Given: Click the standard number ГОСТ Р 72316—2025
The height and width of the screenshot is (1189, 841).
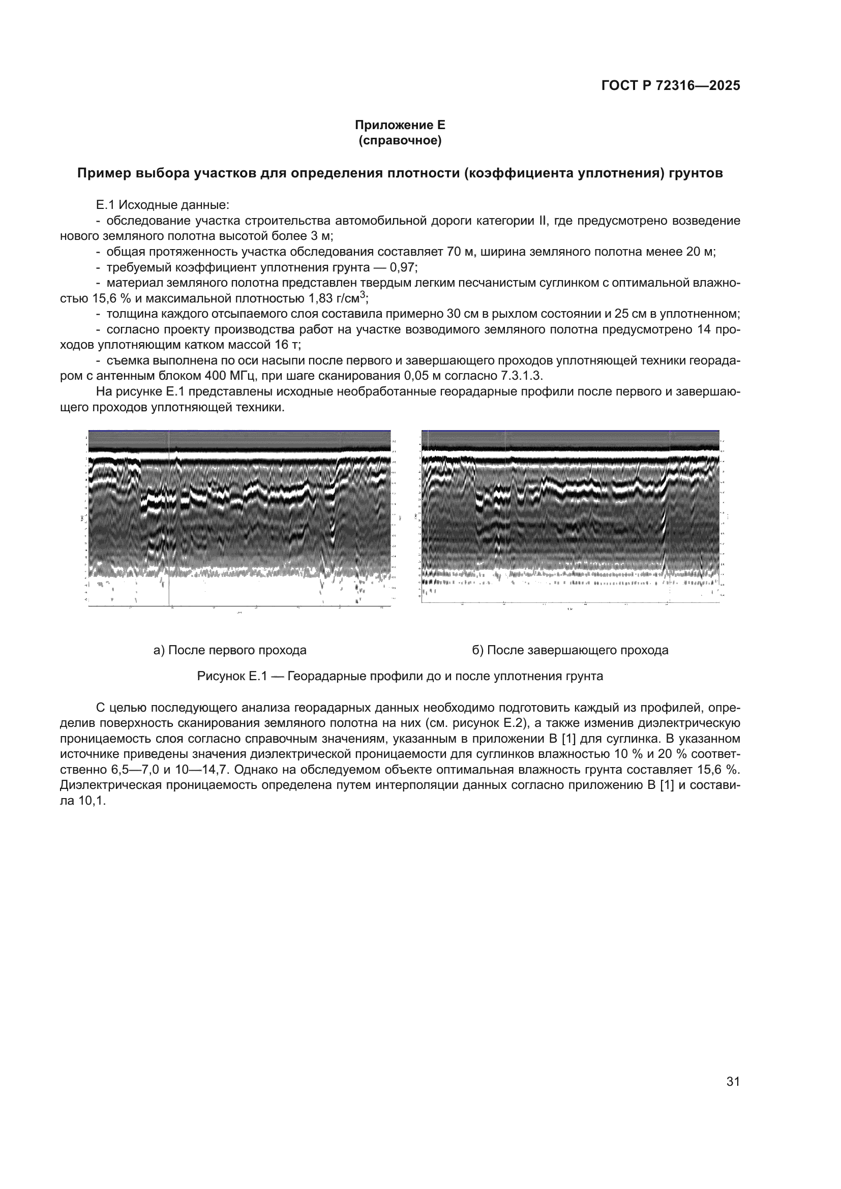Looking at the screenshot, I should pos(671,86).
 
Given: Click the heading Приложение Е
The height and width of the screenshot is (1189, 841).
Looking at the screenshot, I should pos(400,126).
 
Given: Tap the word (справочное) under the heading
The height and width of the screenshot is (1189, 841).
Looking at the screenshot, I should pos(400,141).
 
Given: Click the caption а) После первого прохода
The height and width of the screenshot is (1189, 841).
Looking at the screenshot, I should pos(230,650).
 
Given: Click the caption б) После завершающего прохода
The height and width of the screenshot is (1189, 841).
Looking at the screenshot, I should pos(569,650).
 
